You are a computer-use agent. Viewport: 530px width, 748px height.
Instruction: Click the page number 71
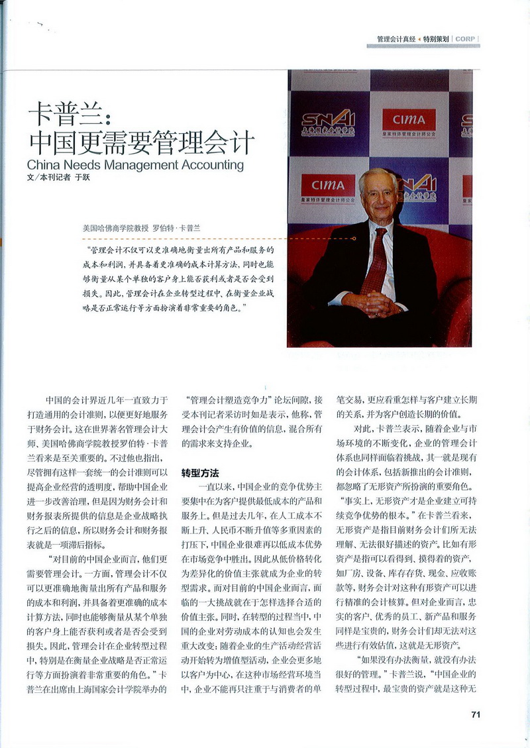[475, 714]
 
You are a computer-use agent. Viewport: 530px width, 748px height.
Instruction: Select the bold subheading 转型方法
[201, 474]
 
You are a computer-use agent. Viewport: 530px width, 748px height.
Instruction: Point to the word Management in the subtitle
[136, 164]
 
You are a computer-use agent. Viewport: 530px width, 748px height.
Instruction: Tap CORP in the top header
[464, 39]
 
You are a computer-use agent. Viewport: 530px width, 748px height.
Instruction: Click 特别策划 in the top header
[437, 39]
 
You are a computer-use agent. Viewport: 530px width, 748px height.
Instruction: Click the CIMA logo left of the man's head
[328, 187]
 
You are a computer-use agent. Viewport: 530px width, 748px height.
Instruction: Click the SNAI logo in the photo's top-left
[328, 121]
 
